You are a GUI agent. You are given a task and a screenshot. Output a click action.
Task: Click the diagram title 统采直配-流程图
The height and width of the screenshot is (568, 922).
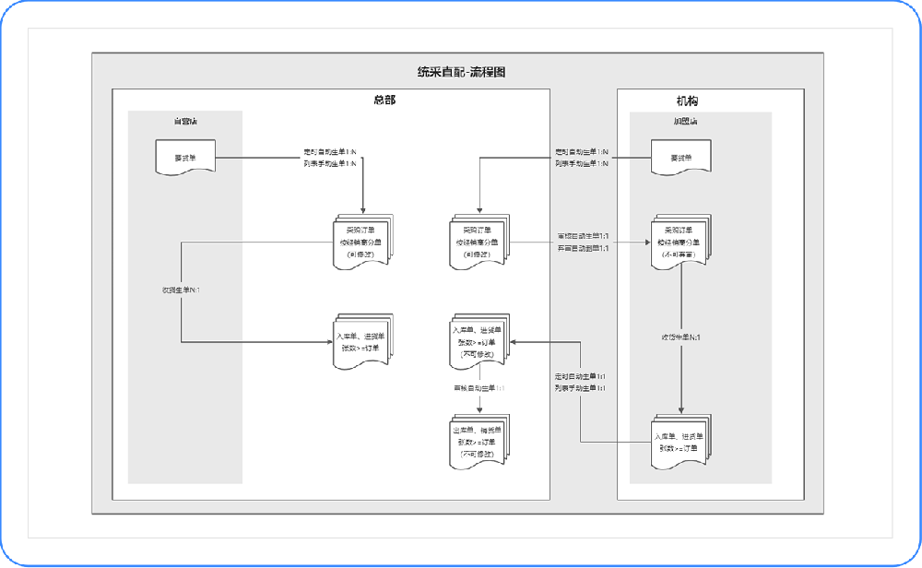pos(461,72)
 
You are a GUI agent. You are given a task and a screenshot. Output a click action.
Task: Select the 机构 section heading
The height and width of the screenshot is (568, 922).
pos(693,101)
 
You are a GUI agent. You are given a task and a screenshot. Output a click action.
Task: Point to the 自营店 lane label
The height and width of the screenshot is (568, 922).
pos(184,122)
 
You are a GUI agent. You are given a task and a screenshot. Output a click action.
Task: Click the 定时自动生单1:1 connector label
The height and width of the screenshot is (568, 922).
pos(580,377)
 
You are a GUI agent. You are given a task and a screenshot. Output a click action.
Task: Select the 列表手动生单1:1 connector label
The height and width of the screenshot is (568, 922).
pos(580,389)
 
